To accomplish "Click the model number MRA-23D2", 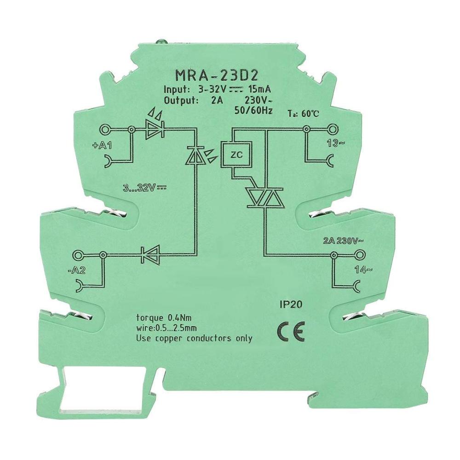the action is point(217,75).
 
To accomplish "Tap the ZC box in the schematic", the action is point(237,155).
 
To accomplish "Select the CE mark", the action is point(291,332).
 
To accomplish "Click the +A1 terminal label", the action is point(102,145).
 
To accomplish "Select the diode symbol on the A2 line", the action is point(150,255).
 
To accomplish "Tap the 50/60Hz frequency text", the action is point(253,110).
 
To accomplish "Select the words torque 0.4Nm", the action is point(164,317).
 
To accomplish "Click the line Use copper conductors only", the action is point(194,338).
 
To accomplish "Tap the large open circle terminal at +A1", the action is point(104,129).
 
